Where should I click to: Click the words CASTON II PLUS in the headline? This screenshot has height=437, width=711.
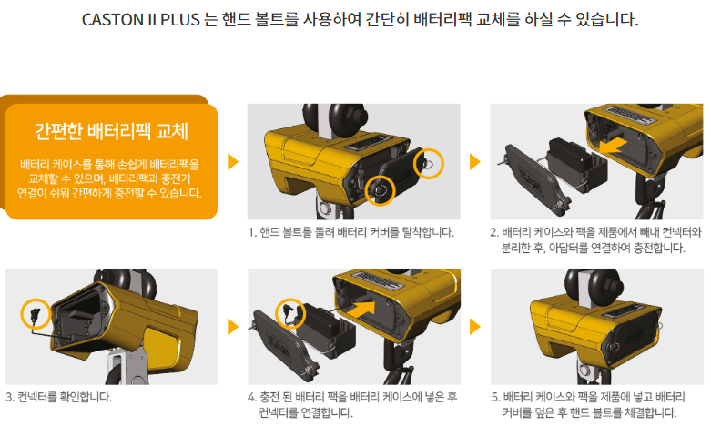pos(140,20)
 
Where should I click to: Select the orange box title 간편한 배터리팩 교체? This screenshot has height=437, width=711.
pos(112,131)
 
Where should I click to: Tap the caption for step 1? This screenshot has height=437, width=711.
pos(351,232)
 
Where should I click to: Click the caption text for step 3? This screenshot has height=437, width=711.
pos(58,397)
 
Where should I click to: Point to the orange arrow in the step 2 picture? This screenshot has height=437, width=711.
pos(613,146)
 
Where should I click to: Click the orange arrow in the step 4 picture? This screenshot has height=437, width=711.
pos(361,310)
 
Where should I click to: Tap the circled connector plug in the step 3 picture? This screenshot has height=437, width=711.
pos(35,314)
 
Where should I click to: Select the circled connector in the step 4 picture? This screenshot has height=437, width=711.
pos(289,313)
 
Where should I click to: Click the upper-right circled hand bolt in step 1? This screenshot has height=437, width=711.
pos(429,163)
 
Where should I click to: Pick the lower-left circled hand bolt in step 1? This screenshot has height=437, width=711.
pos(380,189)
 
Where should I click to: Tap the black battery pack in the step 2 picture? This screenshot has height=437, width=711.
pos(577,165)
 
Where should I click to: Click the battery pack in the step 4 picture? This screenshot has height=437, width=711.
pos(328,330)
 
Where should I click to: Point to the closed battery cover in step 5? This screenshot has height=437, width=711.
pos(630,336)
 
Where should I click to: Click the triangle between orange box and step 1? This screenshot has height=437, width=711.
pos(233,162)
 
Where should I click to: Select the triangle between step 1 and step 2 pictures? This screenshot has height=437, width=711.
pos(474,162)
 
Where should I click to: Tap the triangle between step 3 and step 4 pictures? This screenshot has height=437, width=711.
pos(233,327)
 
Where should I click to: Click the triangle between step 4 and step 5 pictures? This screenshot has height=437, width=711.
pos(474,327)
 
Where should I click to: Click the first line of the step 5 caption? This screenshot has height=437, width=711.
pos(588,397)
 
